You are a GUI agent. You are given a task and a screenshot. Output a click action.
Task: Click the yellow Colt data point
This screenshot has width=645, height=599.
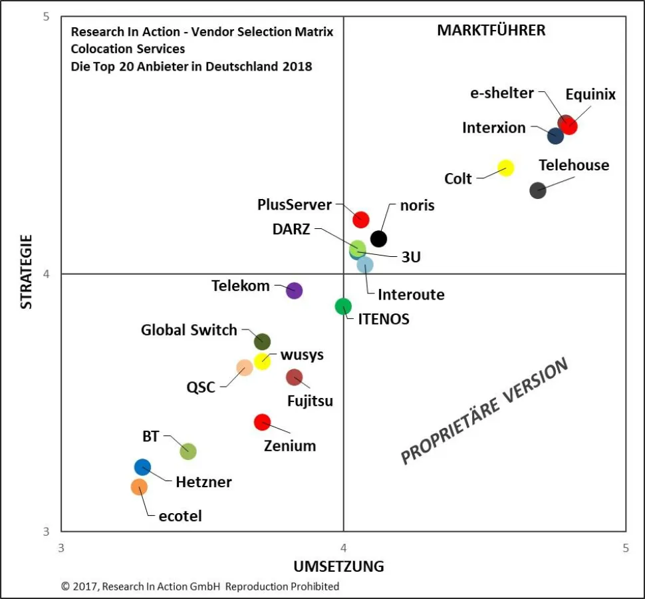coord(505,168)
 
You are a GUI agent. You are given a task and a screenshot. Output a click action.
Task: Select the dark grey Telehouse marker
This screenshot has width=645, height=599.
coord(537,190)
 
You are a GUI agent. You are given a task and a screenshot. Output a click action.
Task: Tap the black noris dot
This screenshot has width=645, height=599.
coord(378,238)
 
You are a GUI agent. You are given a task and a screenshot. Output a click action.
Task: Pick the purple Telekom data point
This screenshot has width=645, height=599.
coord(294,290)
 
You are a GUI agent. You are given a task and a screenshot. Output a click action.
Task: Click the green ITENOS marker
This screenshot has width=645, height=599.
coord(343,306)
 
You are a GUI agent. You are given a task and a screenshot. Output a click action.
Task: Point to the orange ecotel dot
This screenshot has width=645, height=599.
coord(139,487)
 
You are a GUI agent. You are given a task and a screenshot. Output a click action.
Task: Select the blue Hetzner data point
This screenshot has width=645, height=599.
coord(142,467)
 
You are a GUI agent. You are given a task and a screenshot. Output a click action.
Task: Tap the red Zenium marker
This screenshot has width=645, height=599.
coord(262,421)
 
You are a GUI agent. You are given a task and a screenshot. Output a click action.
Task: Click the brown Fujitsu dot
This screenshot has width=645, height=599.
coord(294,377)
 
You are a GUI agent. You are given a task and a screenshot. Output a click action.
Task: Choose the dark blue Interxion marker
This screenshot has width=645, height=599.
coord(555,136)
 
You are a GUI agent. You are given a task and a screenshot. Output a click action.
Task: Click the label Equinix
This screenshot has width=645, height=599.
coord(590,95)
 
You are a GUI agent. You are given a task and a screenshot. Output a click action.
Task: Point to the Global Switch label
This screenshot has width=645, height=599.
coord(189,330)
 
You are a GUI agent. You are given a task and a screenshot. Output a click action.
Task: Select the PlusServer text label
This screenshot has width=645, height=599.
coord(294,204)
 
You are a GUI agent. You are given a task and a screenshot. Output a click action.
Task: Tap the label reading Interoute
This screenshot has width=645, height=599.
coord(411,294)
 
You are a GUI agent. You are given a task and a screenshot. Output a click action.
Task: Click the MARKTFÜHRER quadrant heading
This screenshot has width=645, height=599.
coord(491,31)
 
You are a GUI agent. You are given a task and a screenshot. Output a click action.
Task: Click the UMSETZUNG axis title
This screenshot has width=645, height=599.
coord(338,566)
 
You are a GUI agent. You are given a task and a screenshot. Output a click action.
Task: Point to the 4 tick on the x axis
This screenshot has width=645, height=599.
coord(343,548)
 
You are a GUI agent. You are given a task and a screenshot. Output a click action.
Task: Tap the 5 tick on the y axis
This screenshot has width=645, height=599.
coord(46,17)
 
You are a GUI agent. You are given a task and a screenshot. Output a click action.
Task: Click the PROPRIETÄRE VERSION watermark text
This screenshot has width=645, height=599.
coord(485,411)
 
